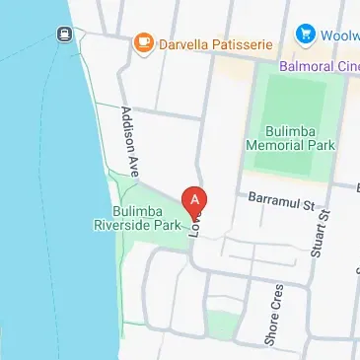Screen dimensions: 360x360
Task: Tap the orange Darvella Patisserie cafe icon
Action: (144, 42)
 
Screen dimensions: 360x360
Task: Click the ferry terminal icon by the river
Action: (62, 35)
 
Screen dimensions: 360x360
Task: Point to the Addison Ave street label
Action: (128, 135)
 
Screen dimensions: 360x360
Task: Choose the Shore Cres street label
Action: (275, 315)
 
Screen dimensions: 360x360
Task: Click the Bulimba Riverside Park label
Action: (138, 218)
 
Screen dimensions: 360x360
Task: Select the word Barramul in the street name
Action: (272, 200)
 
